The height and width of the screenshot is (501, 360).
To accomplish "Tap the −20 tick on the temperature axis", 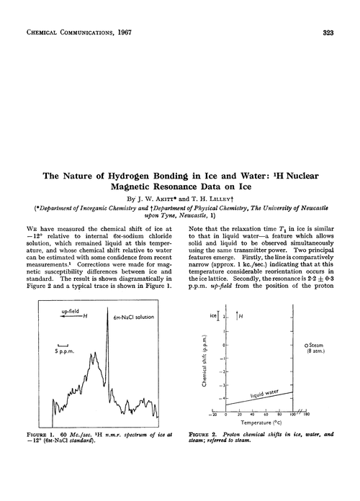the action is tap(210, 415).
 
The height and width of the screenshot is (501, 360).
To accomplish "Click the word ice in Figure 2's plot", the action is tap(214, 315).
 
